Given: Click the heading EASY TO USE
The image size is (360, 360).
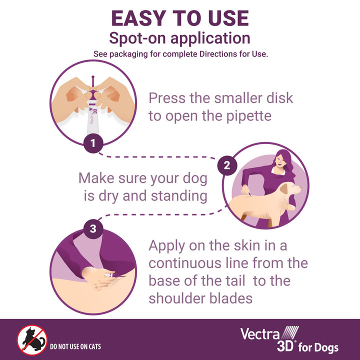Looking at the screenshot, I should [180, 18].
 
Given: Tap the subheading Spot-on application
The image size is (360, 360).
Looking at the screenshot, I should [180, 38].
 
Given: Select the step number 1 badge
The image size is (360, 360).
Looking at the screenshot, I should [92, 144].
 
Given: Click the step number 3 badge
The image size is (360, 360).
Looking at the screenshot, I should [92, 229].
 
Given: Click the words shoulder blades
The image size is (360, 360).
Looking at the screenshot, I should [200, 298].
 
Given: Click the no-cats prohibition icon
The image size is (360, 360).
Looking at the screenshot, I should [31, 340].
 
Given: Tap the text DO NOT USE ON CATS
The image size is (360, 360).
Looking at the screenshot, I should [75, 346].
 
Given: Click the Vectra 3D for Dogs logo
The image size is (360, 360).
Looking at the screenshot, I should [289, 340].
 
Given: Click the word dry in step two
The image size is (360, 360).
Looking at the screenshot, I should [108, 195].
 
